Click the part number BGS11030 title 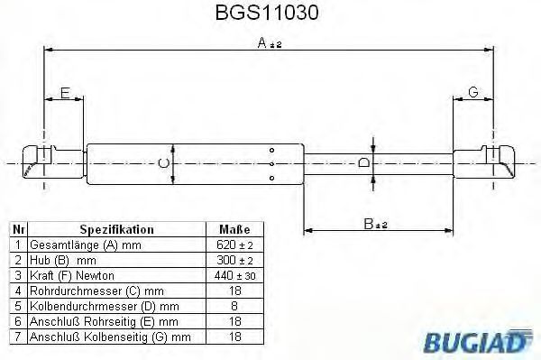[267, 13]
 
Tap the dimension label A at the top [270, 43]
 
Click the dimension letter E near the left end [65, 93]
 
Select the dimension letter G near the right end [473, 92]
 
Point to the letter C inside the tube [163, 163]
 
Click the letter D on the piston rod [363, 162]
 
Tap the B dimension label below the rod [375, 224]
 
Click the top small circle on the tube [272, 150]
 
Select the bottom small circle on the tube [272, 178]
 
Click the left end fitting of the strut [53, 162]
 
